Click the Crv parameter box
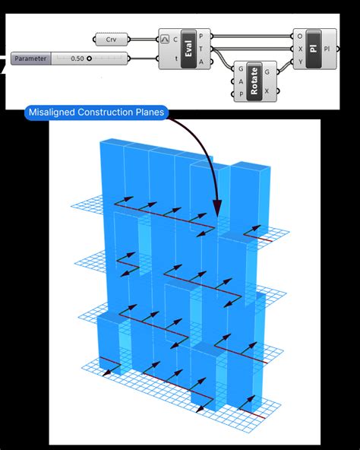point(112,40)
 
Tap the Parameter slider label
point(30,59)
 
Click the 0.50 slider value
point(77,59)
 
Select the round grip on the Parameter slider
point(89,59)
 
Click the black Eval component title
point(188,49)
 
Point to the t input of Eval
point(176,59)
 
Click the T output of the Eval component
point(201,49)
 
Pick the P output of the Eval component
point(201,36)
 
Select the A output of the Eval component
point(201,62)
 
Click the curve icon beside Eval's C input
point(165,39)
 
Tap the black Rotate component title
point(254,81)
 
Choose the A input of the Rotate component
point(241,81)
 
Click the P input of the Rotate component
point(241,94)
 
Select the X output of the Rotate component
point(267,91)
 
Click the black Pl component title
point(314,49)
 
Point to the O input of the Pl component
point(300,36)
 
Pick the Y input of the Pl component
point(300,62)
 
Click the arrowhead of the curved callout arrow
point(217,208)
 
